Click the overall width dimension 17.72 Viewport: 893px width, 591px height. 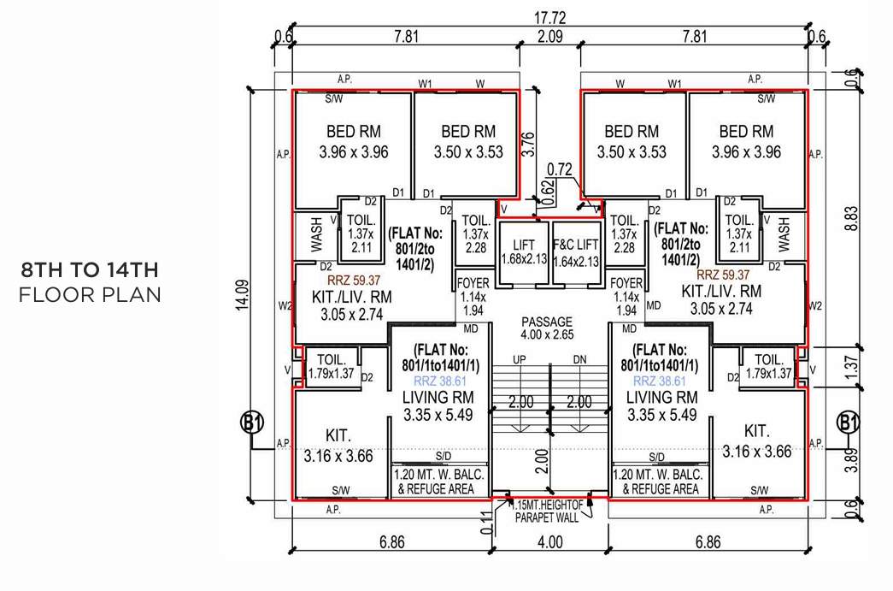click(550, 17)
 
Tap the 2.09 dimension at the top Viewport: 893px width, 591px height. click(550, 36)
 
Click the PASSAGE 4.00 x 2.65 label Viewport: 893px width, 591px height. click(550, 328)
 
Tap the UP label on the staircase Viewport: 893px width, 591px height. click(519, 359)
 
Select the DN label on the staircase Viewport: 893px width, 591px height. click(580, 359)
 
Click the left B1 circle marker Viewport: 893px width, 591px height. click(251, 423)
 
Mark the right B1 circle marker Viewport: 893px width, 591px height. click(848, 423)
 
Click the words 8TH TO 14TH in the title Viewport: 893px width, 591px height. click(90, 271)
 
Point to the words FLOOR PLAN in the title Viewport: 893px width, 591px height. click(90, 295)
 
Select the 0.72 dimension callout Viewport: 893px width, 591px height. click(559, 169)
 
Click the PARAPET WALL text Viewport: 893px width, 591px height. click(547, 517)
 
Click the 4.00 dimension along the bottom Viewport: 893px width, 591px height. click(550, 541)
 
